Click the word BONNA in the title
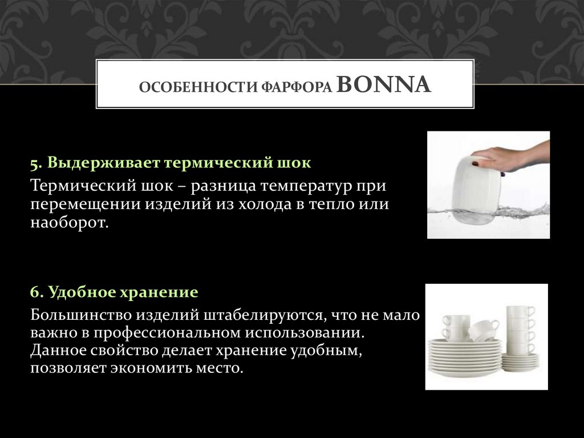pyautogui.click(x=384, y=86)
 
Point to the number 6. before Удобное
pyautogui.click(x=37, y=292)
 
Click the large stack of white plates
pyautogui.click(x=464, y=357)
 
